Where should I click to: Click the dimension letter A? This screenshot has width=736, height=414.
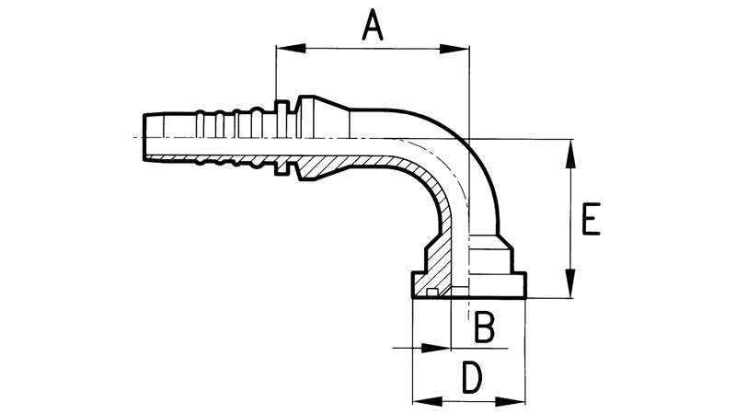[371, 25]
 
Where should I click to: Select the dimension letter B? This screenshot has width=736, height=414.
[484, 326]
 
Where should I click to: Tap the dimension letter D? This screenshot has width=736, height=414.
[470, 378]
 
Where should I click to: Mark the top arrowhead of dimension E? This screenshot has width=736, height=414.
[571, 148]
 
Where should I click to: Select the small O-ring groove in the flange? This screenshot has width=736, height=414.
[431, 293]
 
